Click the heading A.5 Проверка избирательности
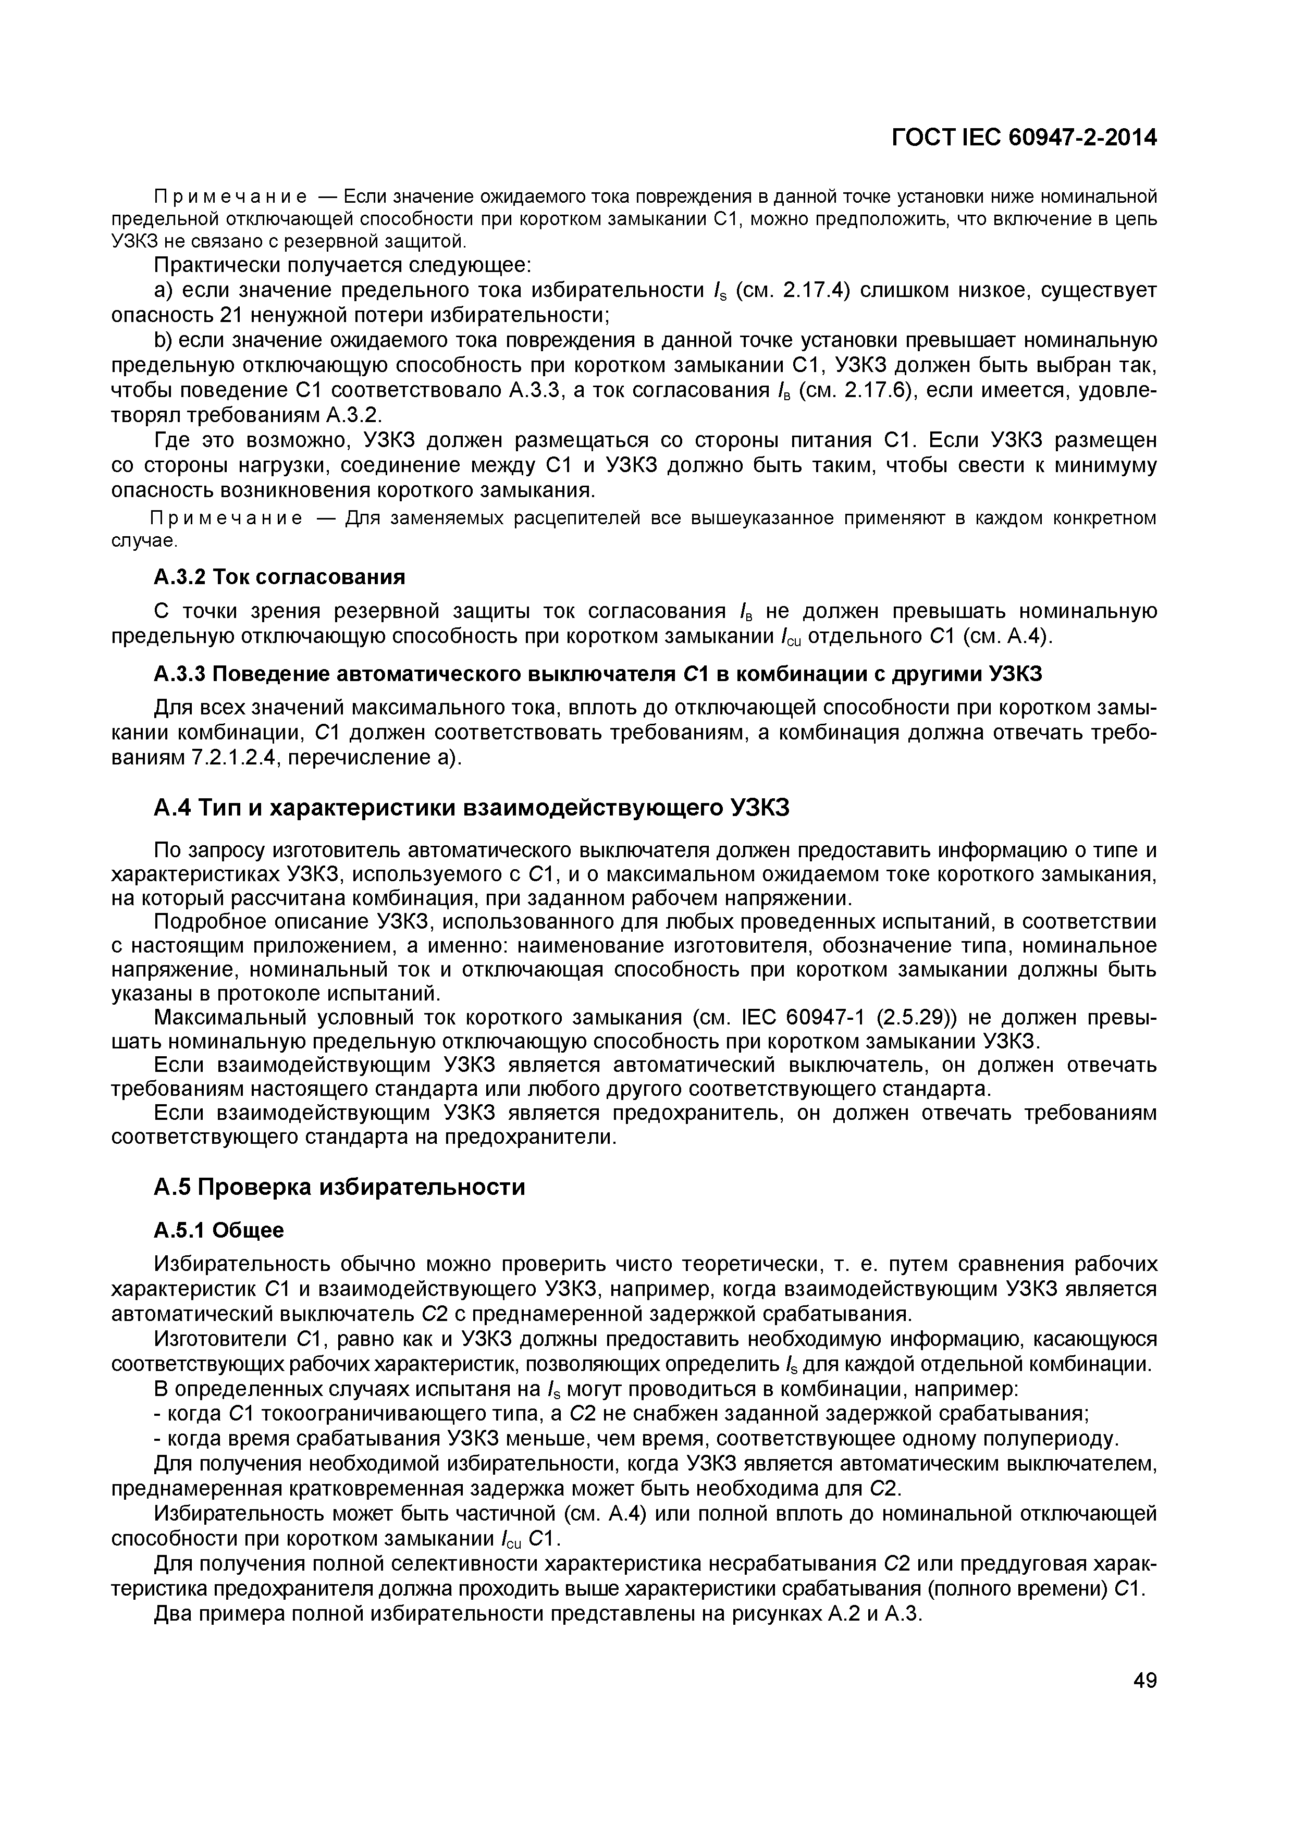[x=339, y=1187]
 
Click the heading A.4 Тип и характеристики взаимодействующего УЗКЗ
[x=471, y=808]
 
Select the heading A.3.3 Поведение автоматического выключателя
[x=597, y=674]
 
